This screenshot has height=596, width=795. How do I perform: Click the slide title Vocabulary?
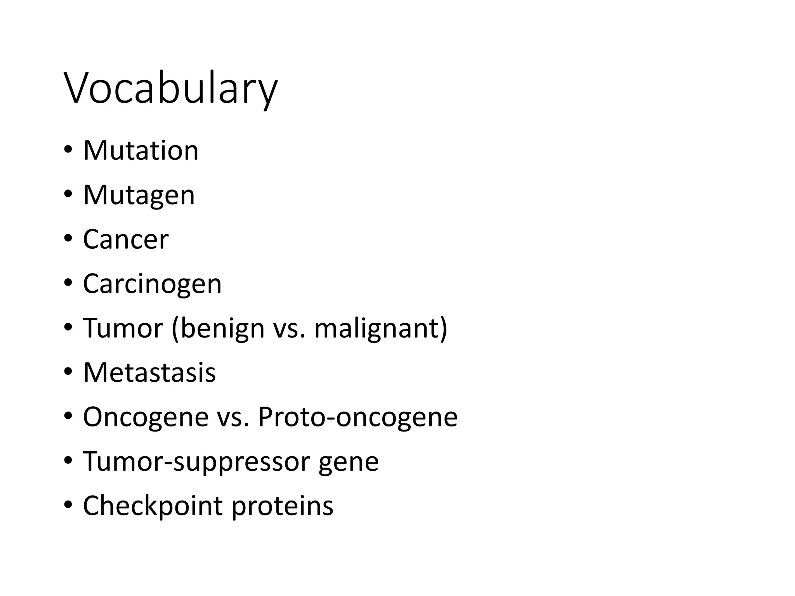tap(171, 90)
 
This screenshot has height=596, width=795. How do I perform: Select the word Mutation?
tap(141, 151)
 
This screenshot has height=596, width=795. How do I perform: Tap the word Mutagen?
tap(139, 195)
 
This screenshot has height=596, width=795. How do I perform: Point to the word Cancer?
tap(126, 239)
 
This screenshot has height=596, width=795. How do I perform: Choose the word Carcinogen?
tap(152, 284)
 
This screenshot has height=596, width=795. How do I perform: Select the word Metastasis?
tap(149, 372)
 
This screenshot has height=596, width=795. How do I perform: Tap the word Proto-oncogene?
tap(358, 417)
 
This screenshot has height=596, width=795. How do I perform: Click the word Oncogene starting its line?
tap(146, 417)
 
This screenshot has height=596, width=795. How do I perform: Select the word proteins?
tap(282, 506)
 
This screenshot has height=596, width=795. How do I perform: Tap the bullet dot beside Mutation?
tap(68, 150)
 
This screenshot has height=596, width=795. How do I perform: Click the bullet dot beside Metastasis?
tap(68, 372)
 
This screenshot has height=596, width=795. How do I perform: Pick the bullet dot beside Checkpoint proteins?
tap(68, 506)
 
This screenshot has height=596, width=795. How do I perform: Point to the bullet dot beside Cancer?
tap(68, 239)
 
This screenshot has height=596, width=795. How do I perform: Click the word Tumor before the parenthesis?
tap(123, 328)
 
